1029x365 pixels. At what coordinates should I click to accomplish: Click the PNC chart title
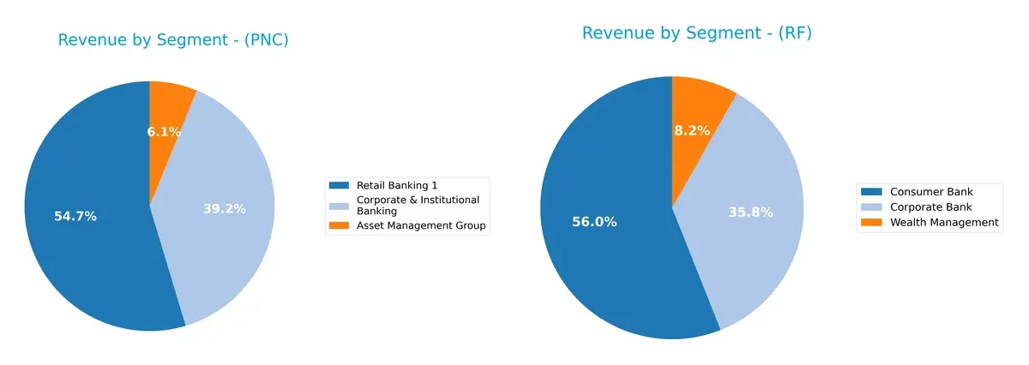pos(172,40)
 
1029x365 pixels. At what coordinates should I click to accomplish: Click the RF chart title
pos(696,33)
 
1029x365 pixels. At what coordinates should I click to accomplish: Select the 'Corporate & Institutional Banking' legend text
pos(418,205)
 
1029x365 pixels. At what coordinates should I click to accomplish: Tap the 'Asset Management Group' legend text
pos(421,225)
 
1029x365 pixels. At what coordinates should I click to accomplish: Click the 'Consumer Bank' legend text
pos(931,191)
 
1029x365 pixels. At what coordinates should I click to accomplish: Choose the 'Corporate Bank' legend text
pos(931,206)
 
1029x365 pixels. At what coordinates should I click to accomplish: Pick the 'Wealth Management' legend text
pos(944,222)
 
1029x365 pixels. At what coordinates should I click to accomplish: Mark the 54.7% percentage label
pos(75,217)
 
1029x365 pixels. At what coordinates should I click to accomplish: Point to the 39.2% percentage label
pos(225,208)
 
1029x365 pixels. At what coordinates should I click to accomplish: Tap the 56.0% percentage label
pos(594,222)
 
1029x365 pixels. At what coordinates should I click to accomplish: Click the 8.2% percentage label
pos(691,131)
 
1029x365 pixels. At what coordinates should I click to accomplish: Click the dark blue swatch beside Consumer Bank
pos(871,191)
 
